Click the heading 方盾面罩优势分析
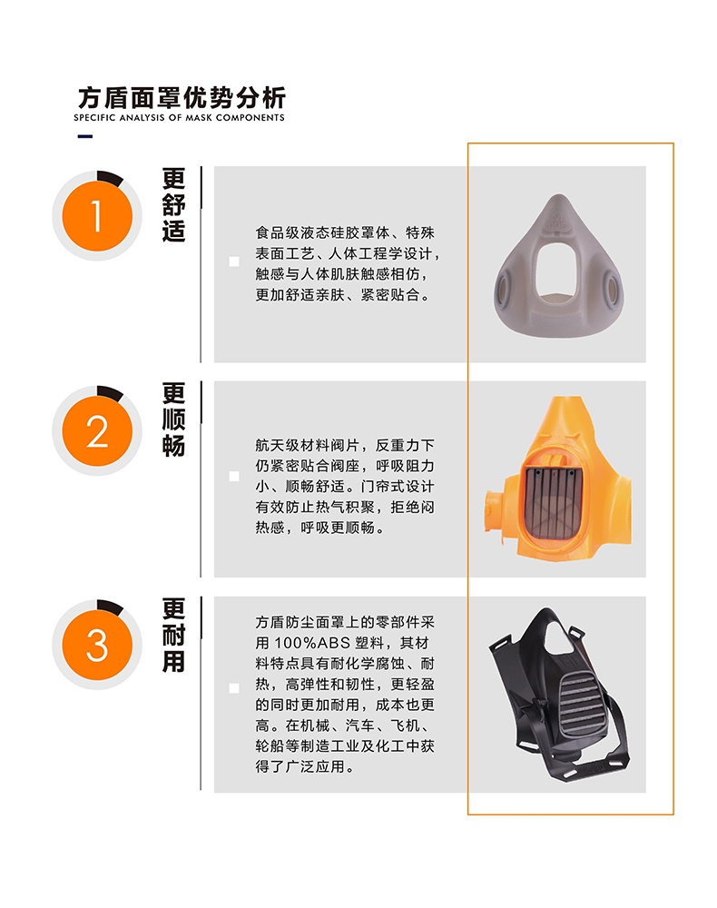point(182,96)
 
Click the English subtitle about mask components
point(180,118)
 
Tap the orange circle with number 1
point(97,215)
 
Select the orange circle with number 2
point(97,431)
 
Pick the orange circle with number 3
point(97,646)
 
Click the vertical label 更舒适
point(173,204)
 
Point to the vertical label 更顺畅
point(173,419)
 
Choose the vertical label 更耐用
point(173,635)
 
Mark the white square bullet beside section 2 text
point(234,476)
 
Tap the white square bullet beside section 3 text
point(234,688)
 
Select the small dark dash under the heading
point(85,137)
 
